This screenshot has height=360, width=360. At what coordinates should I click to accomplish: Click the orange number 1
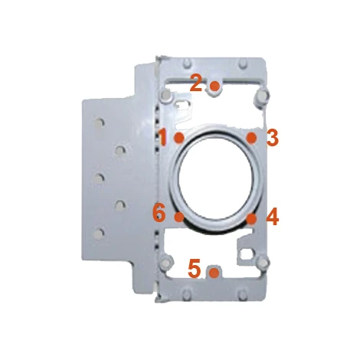pos(162,137)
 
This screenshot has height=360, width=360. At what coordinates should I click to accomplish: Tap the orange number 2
pos(196,83)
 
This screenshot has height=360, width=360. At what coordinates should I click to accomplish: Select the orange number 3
pos(272,138)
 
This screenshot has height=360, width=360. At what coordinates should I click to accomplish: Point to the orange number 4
pos(273,217)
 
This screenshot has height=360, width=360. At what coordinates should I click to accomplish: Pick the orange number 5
pos(194,268)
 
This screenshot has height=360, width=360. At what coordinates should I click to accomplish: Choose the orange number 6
pos(159,214)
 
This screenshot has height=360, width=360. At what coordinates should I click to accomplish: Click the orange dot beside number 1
pos(179,138)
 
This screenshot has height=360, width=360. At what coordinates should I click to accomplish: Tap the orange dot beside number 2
pos(214,86)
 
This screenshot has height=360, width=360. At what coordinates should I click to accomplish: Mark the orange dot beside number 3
pos(252,138)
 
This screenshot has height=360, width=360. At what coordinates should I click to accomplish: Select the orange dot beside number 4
pos(252,218)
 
